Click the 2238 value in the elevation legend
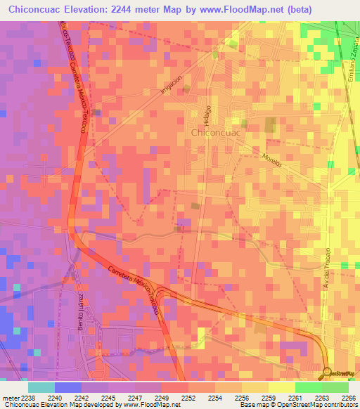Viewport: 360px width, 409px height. tap(28, 397)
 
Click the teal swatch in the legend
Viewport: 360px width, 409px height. tap(41, 387)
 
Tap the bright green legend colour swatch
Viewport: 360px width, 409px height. tap(309, 387)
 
